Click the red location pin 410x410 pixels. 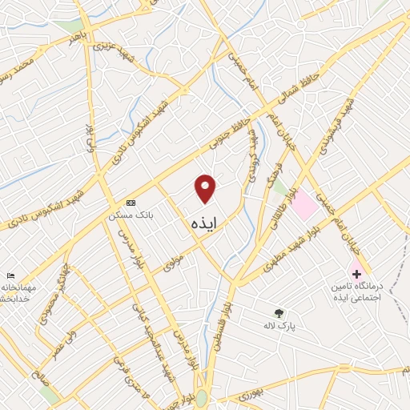[206, 188]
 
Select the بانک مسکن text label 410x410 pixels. [131, 216]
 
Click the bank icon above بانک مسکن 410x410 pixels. [131, 203]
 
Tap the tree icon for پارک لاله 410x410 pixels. [279, 312]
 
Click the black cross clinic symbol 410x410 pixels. [356, 274]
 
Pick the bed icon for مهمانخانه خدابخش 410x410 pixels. [10, 275]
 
